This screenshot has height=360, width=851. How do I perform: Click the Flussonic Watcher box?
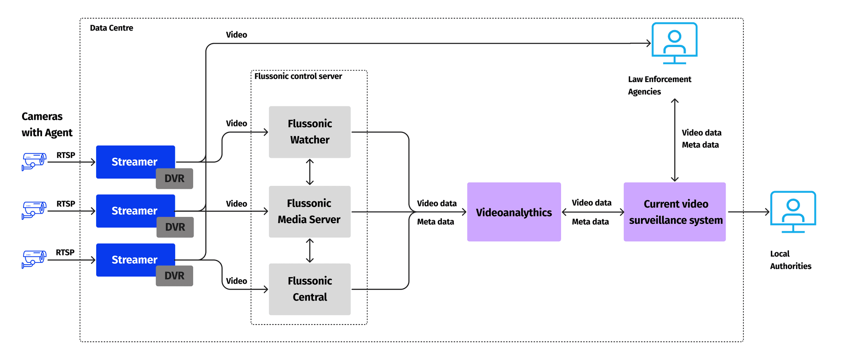point(309,132)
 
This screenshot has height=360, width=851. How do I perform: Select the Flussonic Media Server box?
point(309,211)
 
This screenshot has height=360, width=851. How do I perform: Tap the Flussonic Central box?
point(309,289)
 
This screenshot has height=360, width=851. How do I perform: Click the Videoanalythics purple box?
point(514,212)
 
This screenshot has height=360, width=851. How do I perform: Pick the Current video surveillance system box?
point(674,212)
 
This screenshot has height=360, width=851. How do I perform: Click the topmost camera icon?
point(34,161)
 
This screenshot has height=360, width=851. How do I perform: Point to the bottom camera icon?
point(34,259)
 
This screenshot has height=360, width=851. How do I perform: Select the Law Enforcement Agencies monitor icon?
point(674,43)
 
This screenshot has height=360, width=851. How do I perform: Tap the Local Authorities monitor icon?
point(792,211)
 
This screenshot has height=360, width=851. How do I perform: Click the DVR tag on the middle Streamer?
point(175,227)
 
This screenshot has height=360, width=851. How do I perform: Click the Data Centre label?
point(111,28)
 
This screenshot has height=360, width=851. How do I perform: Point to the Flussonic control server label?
point(298,76)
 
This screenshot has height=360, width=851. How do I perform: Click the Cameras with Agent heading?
point(47,125)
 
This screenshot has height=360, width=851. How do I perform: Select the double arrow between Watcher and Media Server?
point(310,172)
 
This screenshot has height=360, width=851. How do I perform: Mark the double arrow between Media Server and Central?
point(310,250)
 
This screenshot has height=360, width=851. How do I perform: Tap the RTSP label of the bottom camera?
point(65,252)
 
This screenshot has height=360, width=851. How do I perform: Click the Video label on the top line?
point(236,35)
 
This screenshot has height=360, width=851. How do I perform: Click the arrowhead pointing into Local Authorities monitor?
point(767,212)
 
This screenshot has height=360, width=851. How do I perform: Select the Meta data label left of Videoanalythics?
point(435,222)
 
